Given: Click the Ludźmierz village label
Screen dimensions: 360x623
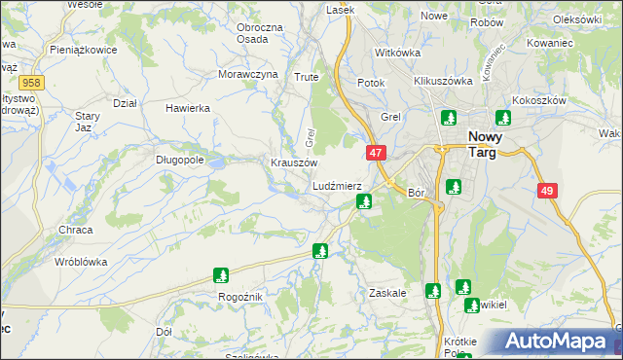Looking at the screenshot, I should [x=338, y=186].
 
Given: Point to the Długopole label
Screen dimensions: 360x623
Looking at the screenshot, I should [x=179, y=160].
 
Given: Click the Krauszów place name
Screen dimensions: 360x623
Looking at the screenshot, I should [x=294, y=162].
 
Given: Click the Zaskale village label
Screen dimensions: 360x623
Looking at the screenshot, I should [x=387, y=292].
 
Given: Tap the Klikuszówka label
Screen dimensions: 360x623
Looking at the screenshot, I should [x=443, y=82].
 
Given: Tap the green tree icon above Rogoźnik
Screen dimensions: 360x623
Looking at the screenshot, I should [x=221, y=275].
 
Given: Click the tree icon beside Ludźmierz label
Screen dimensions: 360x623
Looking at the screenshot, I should [x=364, y=201].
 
